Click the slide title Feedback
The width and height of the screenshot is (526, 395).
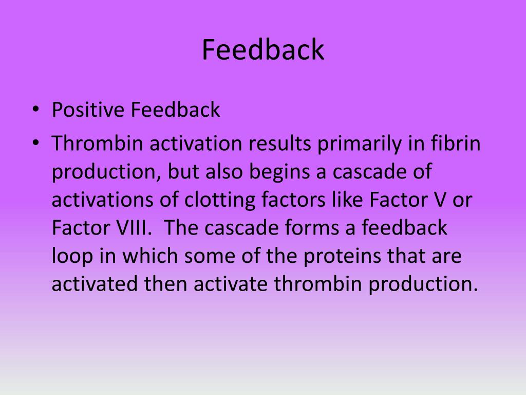tap(262, 50)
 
